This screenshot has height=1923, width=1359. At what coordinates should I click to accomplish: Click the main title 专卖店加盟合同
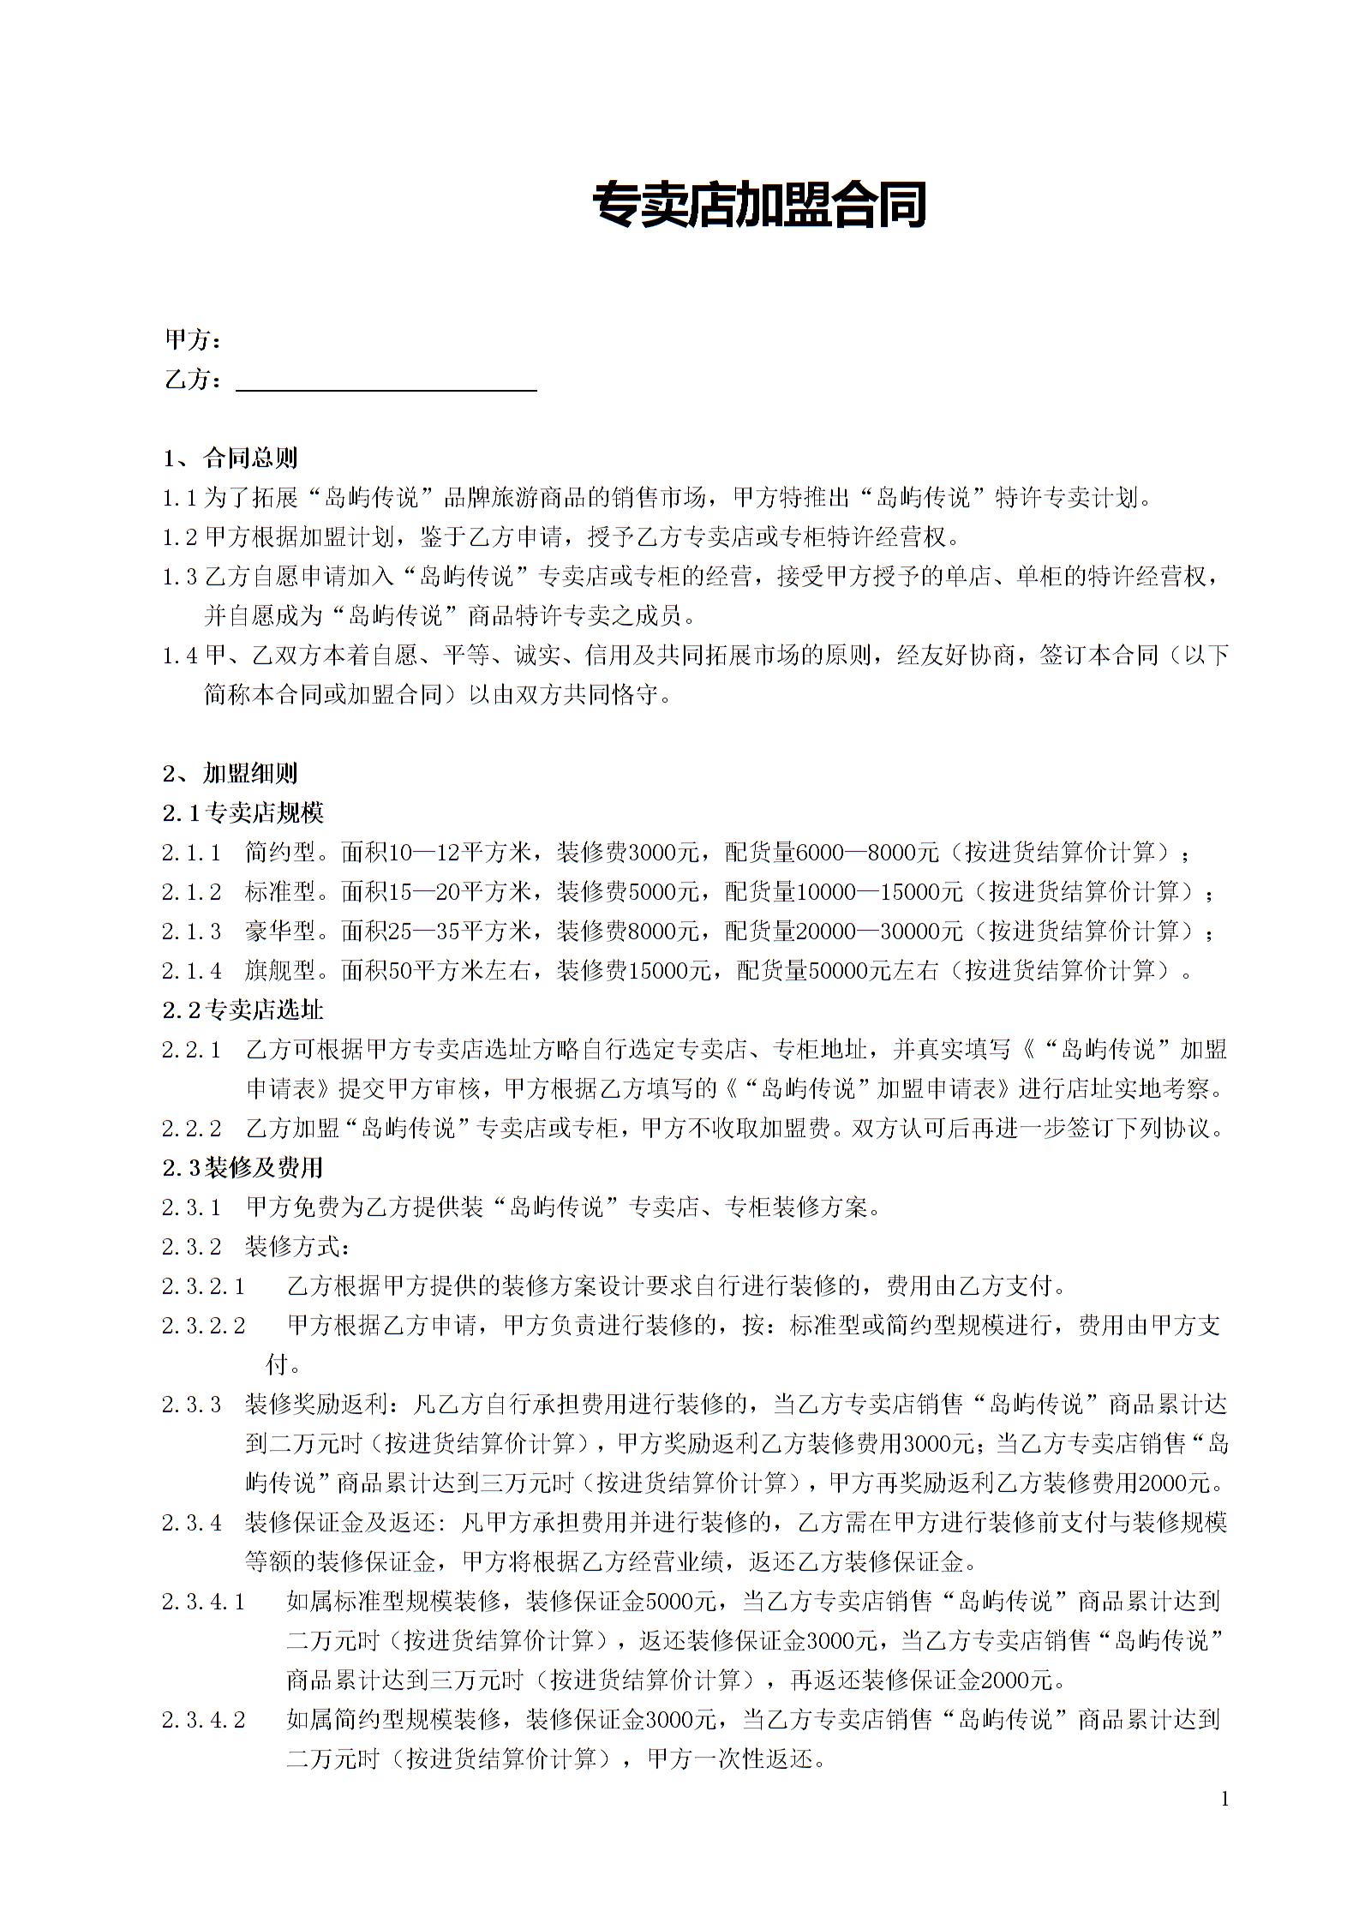click(758, 206)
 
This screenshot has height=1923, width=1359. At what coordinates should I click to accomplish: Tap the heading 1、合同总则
click(230, 458)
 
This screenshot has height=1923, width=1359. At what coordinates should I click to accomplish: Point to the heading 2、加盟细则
click(230, 773)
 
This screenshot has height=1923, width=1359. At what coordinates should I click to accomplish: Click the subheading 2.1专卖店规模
click(242, 812)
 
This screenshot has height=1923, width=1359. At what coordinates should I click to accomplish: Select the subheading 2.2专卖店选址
click(242, 1009)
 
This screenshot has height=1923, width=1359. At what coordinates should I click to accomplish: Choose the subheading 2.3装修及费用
click(242, 1167)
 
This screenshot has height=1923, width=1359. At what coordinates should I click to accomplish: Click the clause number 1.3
click(180, 577)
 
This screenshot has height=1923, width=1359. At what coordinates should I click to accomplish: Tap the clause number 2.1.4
click(192, 971)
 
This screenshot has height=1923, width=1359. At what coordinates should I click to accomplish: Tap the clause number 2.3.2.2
click(204, 1327)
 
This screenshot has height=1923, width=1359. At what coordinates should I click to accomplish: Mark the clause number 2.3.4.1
click(204, 1602)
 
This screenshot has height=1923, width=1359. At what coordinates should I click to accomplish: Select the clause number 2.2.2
click(192, 1129)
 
